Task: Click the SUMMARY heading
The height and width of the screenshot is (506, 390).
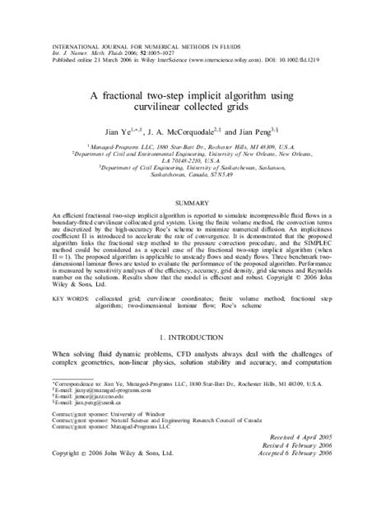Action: click(x=195, y=200)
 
